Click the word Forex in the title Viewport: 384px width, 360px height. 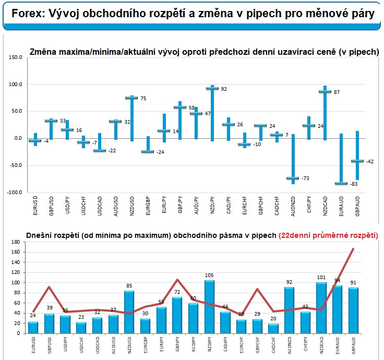pos(21,14)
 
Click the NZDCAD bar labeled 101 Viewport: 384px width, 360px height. pos(321,308)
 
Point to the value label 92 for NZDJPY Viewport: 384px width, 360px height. pos(223,89)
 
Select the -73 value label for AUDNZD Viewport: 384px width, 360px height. pos(305,178)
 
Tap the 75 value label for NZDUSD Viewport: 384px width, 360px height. pos(142,99)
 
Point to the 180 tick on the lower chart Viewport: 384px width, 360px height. pos(15,242)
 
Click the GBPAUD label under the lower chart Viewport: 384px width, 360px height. pos(354,348)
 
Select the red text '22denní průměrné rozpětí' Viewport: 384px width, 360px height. pos(329,235)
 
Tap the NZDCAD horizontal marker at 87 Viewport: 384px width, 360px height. pos(325,91)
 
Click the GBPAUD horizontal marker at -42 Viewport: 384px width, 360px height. pos(357,161)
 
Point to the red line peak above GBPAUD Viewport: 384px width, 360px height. pos(353,249)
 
